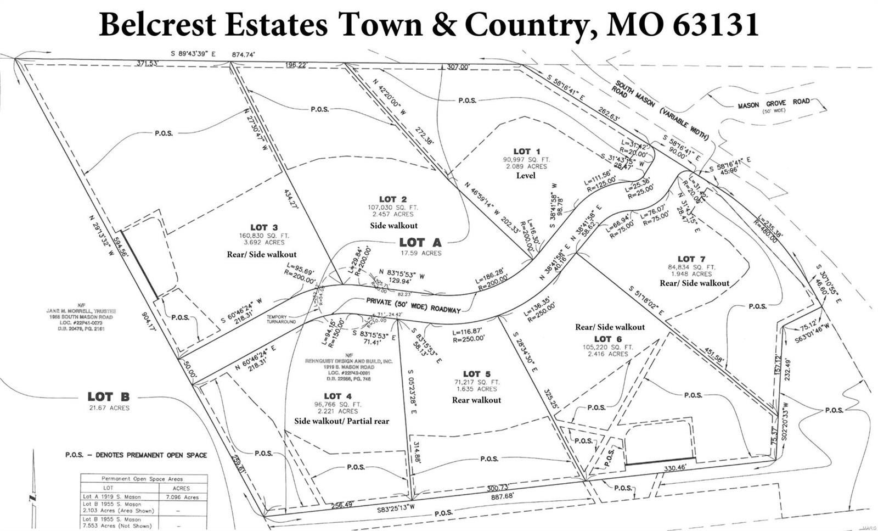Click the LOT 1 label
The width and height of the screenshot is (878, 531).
tap(527, 151)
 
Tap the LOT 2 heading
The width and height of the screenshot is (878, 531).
tap(393, 199)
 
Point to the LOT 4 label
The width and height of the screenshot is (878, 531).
tap(337, 396)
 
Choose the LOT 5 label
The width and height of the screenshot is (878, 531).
tap(476, 374)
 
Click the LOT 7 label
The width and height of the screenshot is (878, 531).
tap(691, 259)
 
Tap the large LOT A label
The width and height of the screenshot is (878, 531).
tap(420, 242)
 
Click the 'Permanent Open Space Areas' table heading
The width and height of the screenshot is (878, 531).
tap(143, 479)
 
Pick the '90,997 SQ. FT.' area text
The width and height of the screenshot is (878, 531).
tap(526, 159)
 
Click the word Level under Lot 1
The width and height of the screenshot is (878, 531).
tap(525, 176)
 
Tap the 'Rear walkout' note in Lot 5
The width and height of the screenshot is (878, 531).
tap(476, 400)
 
